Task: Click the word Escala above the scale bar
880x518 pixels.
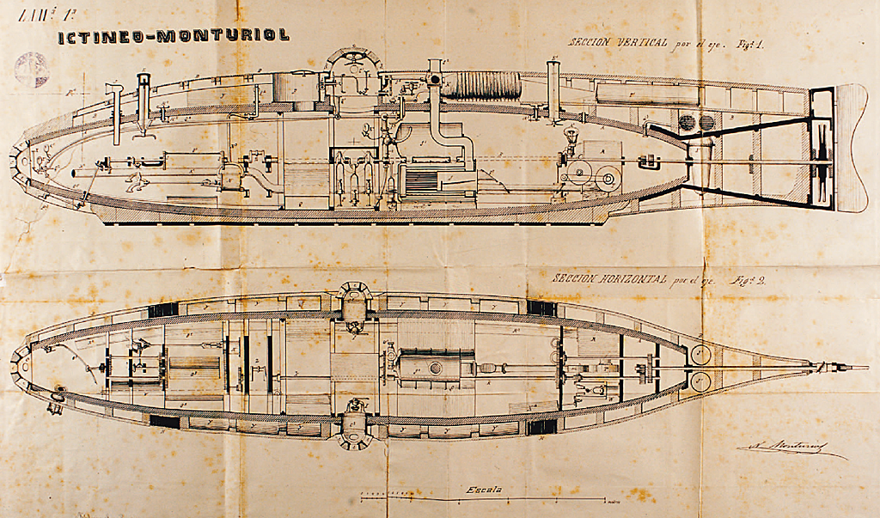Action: (x=486, y=490)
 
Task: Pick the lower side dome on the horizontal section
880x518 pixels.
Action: (x=354, y=428)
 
